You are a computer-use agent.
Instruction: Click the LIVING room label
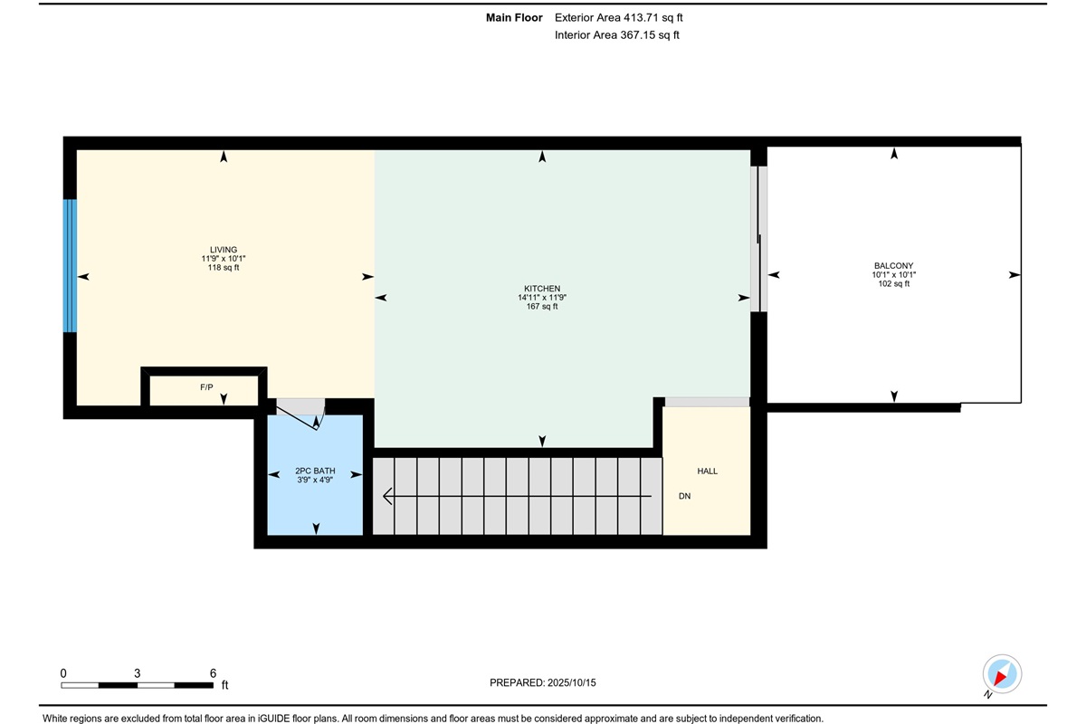224,250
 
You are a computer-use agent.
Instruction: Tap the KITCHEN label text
542,289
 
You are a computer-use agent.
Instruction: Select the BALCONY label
893,266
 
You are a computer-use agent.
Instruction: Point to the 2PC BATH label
315,471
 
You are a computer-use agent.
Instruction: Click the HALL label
708,471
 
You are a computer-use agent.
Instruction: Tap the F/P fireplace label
206,387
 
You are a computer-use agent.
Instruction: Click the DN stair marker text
684,496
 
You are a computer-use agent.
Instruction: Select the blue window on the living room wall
70,266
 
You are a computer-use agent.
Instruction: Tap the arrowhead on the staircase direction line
387,496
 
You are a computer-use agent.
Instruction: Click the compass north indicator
1002,674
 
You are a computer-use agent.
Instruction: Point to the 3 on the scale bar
138,673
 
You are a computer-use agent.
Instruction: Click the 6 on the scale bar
213,673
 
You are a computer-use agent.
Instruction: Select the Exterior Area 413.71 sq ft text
619,18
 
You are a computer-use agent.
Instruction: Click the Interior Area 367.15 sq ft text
616,35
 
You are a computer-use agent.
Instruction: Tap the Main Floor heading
514,18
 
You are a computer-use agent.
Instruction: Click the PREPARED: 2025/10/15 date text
542,682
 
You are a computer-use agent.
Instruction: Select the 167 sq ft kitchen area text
542,307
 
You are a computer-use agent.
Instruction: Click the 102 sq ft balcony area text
893,283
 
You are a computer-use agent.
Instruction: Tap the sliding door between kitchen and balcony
758,239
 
